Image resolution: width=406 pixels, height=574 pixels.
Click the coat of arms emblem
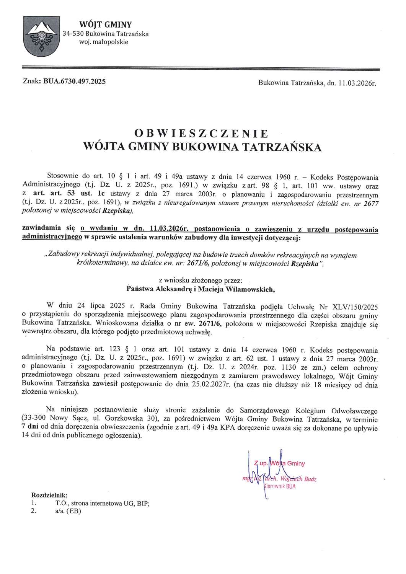click(x=40, y=38)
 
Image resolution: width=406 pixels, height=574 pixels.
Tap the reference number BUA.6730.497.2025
click(x=75, y=82)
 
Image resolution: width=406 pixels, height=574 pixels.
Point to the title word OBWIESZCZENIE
click(x=202, y=133)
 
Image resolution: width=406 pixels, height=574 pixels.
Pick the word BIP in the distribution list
click(x=142, y=503)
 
